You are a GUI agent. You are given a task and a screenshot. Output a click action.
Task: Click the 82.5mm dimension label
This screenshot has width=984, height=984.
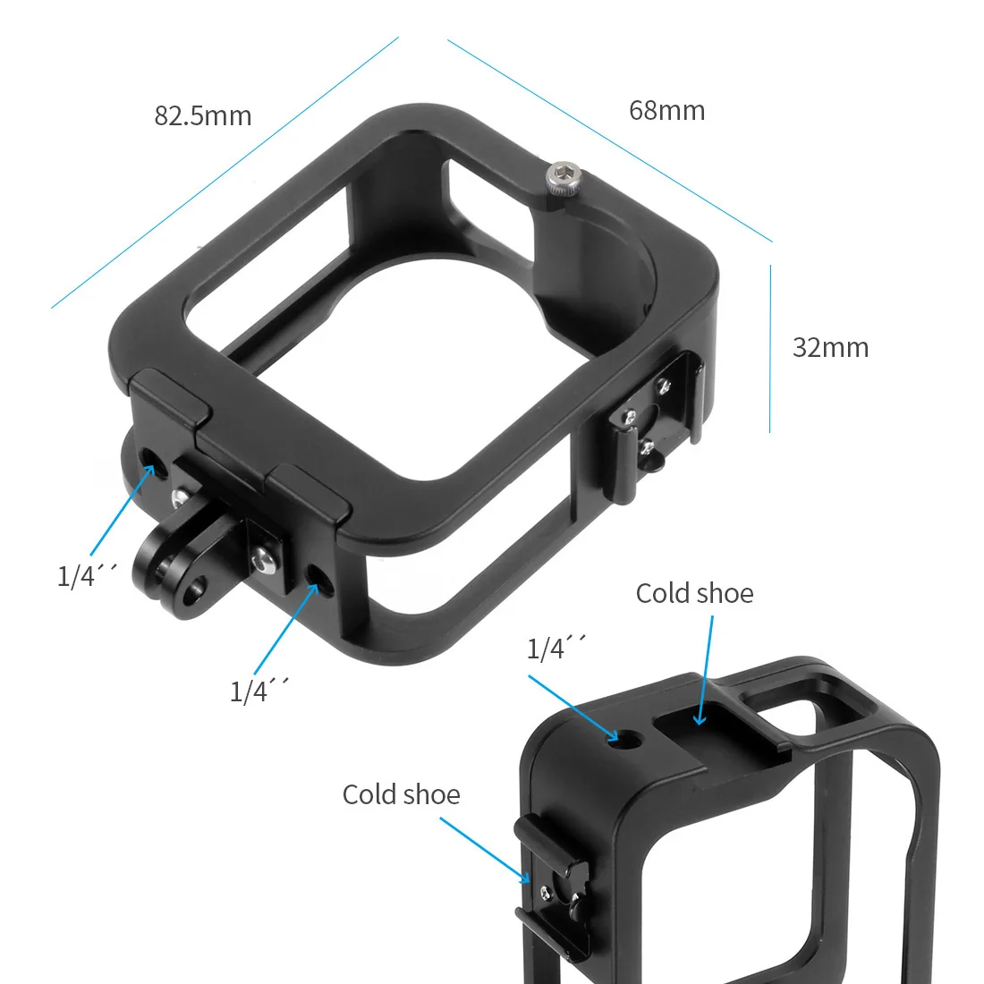tap(203, 116)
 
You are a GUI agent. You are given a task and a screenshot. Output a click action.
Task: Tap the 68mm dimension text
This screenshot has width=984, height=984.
tap(667, 111)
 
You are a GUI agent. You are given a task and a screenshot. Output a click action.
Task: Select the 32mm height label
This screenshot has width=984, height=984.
tap(830, 348)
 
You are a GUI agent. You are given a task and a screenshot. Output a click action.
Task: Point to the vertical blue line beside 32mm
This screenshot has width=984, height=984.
tap(770, 349)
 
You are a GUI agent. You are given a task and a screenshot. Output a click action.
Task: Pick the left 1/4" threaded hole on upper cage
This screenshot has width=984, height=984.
tap(149, 467)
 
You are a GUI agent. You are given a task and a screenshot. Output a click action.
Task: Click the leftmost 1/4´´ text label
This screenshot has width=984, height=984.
tap(87, 575)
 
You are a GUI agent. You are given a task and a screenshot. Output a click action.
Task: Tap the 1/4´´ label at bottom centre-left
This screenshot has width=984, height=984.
tap(259, 690)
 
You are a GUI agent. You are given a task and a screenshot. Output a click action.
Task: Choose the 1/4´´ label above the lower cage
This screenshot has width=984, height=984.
tap(556, 648)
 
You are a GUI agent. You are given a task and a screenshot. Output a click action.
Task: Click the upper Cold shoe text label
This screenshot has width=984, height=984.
tap(694, 594)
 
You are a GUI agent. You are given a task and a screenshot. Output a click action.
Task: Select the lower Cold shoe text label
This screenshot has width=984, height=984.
tap(401, 794)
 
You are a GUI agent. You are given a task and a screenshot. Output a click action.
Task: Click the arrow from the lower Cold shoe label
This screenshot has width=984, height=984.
tap(483, 850)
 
